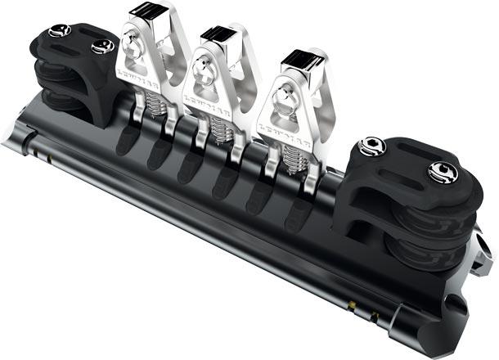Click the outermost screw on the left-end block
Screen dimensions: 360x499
[x=58, y=31]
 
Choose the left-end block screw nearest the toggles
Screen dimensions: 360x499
[x=103, y=47]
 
